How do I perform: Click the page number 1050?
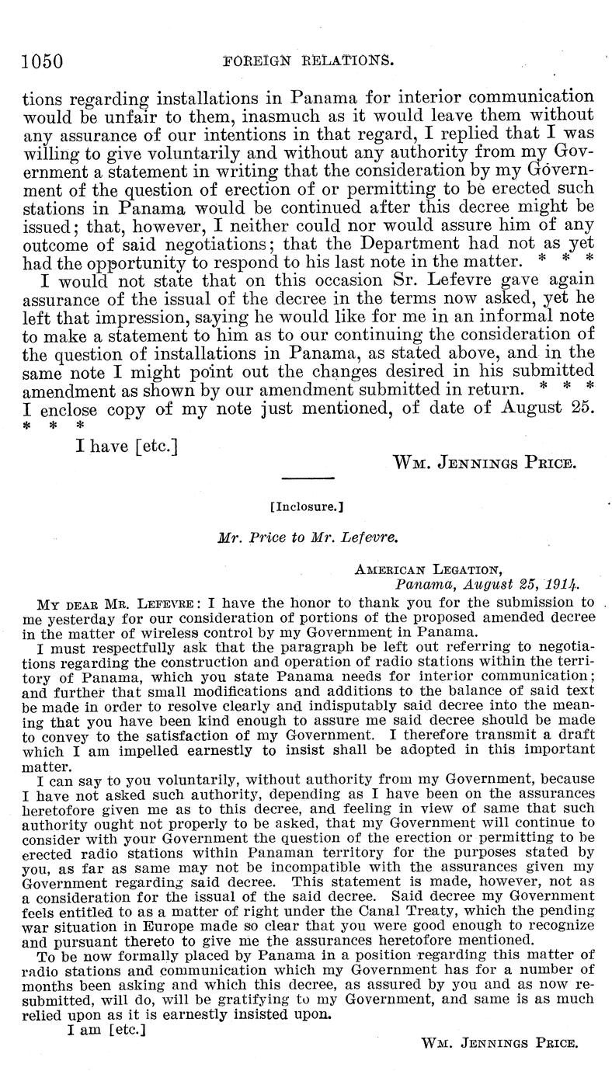[x=42, y=60]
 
